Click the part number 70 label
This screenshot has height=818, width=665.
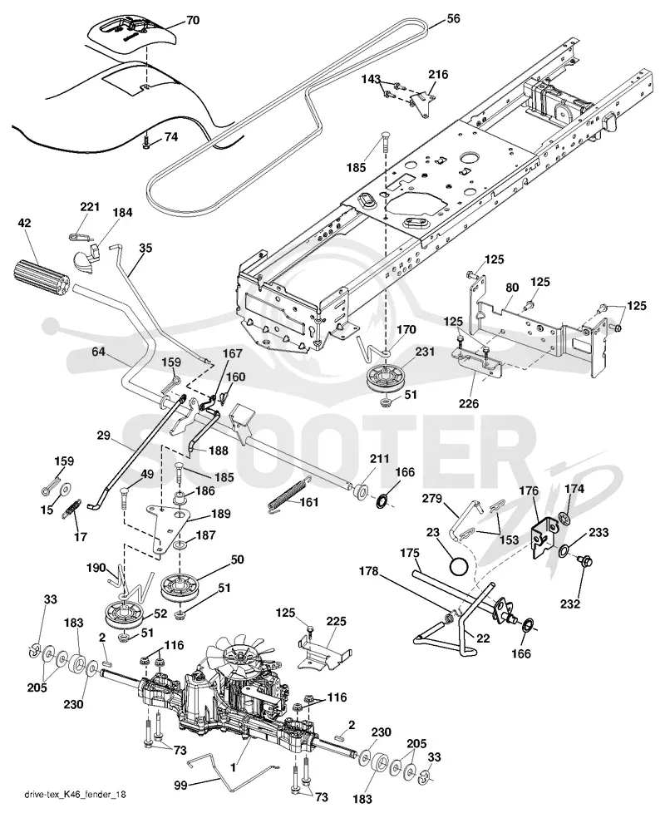pos(193,21)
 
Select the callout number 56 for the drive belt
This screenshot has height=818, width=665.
pos(453,19)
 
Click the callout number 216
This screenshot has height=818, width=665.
pos(438,75)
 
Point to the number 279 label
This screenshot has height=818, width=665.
pos(432,500)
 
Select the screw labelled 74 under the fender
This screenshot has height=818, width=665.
pos(146,142)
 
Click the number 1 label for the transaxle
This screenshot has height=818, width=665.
pos(234,768)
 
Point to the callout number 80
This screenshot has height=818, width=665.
pos(512,288)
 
